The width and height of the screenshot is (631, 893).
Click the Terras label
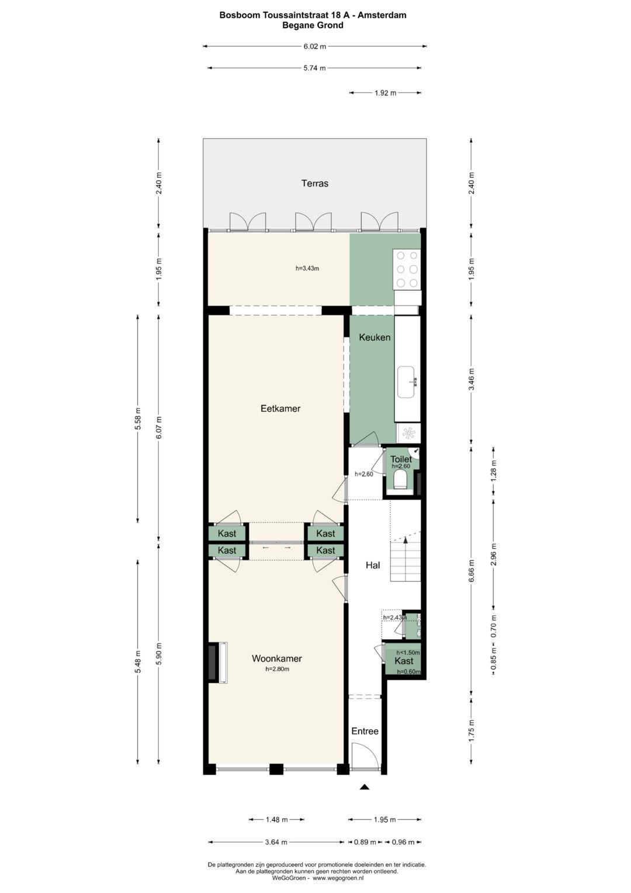[315, 184]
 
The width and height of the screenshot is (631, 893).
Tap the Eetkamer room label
[280, 408]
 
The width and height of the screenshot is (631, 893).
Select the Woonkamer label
[277, 658]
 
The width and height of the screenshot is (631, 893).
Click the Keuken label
[375, 337]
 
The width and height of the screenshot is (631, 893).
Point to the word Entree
[365, 731]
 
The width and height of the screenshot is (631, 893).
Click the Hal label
[373, 565]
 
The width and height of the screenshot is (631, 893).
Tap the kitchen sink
[407, 382]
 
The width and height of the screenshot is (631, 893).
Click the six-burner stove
[407, 269]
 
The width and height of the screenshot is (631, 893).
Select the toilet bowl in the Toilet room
[398, 479]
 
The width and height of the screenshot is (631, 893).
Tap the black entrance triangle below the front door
[365, 787]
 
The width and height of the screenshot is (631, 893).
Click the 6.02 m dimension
[315, 46]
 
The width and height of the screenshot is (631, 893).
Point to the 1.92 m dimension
[385, 93]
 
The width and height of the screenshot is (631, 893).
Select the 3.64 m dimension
[276, 842]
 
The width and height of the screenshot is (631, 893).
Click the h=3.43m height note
[307, 268]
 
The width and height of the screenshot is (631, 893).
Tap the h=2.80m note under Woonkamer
[278, 669]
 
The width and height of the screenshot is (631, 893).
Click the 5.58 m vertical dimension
[138, 418]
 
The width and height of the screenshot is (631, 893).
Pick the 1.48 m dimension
[276, 820]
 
